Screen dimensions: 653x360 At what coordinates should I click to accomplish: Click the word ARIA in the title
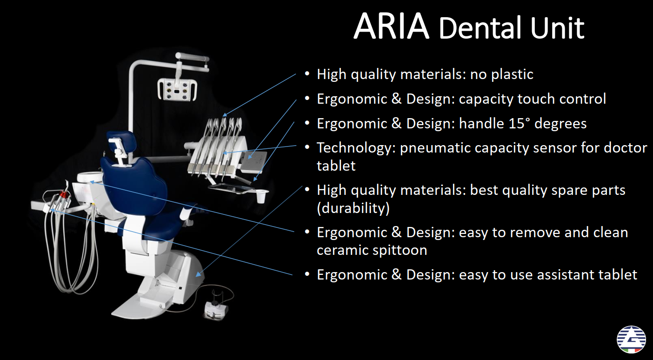pos(391,26)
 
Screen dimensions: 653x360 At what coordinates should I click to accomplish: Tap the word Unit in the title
pos(557,28)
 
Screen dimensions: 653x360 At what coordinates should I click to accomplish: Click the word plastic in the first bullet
pos(512,74)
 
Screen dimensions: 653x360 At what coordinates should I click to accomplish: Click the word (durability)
pos(353,208)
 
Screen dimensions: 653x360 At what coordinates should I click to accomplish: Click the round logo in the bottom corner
pos(631,340)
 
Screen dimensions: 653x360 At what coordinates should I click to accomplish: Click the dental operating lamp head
pos(177,90)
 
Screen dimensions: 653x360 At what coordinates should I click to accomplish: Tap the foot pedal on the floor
pos(216,310)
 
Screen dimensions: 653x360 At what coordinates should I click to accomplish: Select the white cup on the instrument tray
pos(261,196)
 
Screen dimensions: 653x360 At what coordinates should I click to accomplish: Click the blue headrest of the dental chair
pos(122,141)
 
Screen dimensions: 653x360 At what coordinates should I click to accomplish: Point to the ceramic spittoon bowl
pos(90,177)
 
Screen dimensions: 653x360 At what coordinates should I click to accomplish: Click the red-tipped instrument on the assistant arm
pos(63,194)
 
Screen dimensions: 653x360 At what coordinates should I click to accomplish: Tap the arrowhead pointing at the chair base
pos(199,274)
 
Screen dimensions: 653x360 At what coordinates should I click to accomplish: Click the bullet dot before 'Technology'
pos(307,147)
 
